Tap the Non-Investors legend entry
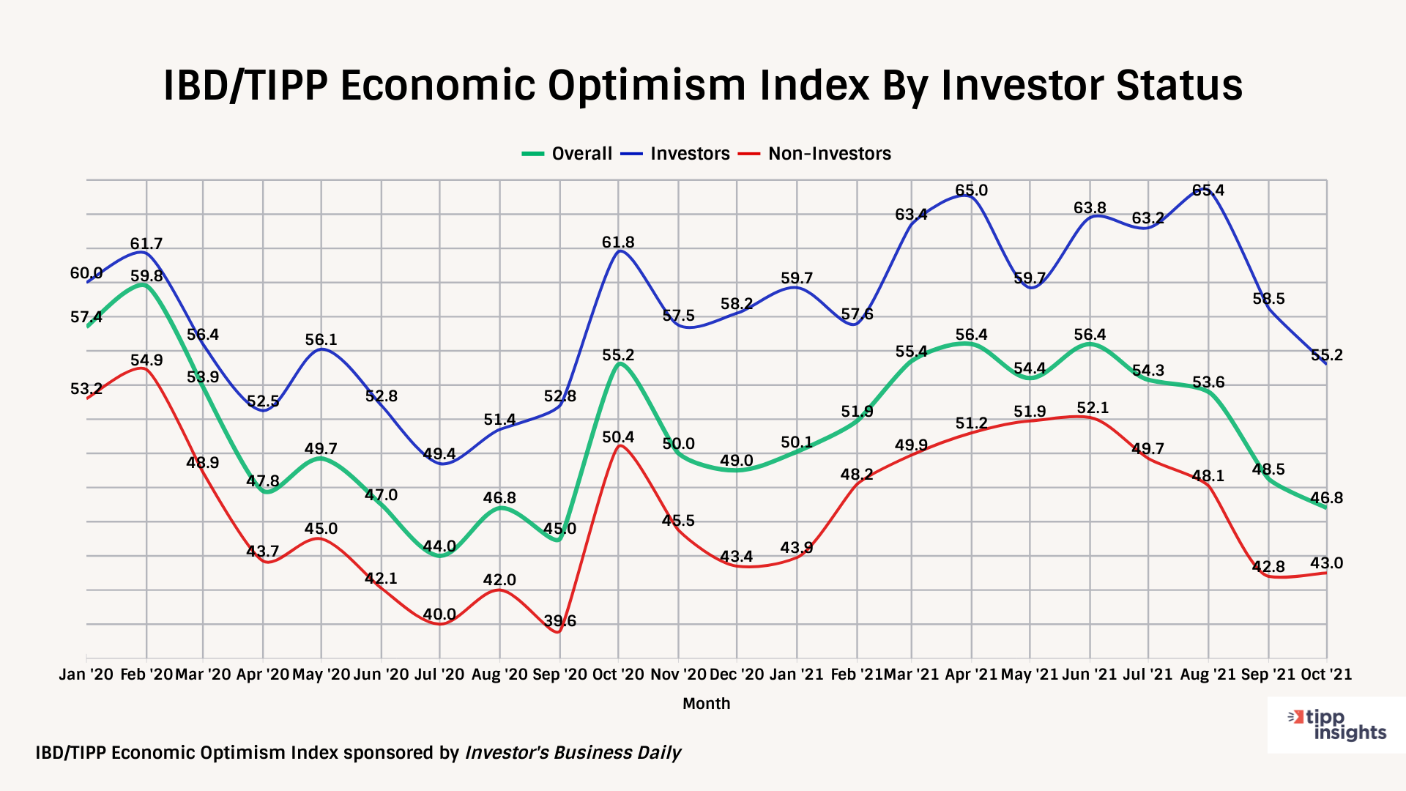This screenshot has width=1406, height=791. click(x=816, y=154)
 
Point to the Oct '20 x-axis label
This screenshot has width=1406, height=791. click(x=618, y=675)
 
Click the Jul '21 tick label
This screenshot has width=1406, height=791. click(x=1148, y=675)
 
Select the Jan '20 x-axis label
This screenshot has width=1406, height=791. click(x=86, y=675)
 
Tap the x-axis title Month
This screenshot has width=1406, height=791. click(x=706, y=704)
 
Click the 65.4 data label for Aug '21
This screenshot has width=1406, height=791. click(x=1208, y=190)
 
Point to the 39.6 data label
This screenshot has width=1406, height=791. click(x=559, y=621)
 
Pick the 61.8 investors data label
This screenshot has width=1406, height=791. click(x=618, y=242)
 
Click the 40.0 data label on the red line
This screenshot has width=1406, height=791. click(x=439, y=614)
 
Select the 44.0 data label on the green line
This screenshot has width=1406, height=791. click(x=439, y=546)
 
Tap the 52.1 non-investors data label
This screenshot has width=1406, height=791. click(x=1093, y=408)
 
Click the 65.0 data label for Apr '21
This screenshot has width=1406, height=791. click(x=971, y=190)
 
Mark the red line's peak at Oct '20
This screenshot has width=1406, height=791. click(x=619, y=445)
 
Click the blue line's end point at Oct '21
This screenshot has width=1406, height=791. click(x=1326, y=364)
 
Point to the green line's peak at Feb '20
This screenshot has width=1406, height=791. click(x=146, y=286)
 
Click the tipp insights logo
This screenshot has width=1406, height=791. click(x=1336, y=725)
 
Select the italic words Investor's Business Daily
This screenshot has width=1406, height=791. click(x=573, y=753)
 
